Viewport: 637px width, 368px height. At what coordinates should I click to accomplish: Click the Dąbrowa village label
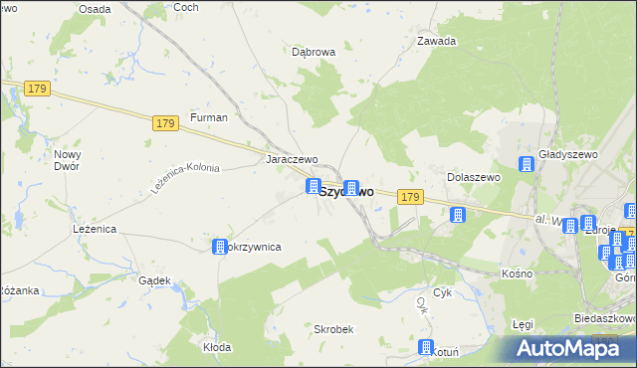pyautogui.click(x=314, y=52)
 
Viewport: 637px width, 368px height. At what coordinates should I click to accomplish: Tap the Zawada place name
pyautogui.click(x=436, y=41)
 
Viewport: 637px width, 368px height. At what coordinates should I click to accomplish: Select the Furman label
pyautogui.click(x=210, y=117)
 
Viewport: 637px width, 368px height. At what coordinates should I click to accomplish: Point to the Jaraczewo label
pyautogui.click(x=291, y=159)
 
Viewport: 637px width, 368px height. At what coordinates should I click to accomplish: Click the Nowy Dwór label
pyautogui.click(x=68, y=161)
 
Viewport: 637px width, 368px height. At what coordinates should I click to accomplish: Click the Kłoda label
pyautogui.click(x=217, y=347)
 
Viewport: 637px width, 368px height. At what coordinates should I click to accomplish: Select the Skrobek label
pyautogui.click(x=333, y=329)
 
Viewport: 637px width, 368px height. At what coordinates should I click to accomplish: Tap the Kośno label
pyautogui.click(x=517, y=273)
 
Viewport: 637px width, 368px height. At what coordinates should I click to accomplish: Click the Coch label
pyautogui.click(x=186, y=7)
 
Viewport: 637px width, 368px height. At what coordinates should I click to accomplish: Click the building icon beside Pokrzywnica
pyautogui.click(x=220, y=246)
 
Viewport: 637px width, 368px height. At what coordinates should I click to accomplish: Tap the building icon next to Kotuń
pyautogui.click(x=426, y=348)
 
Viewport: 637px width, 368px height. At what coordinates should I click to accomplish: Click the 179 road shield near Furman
pyautogui.click(x=166, y=123)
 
